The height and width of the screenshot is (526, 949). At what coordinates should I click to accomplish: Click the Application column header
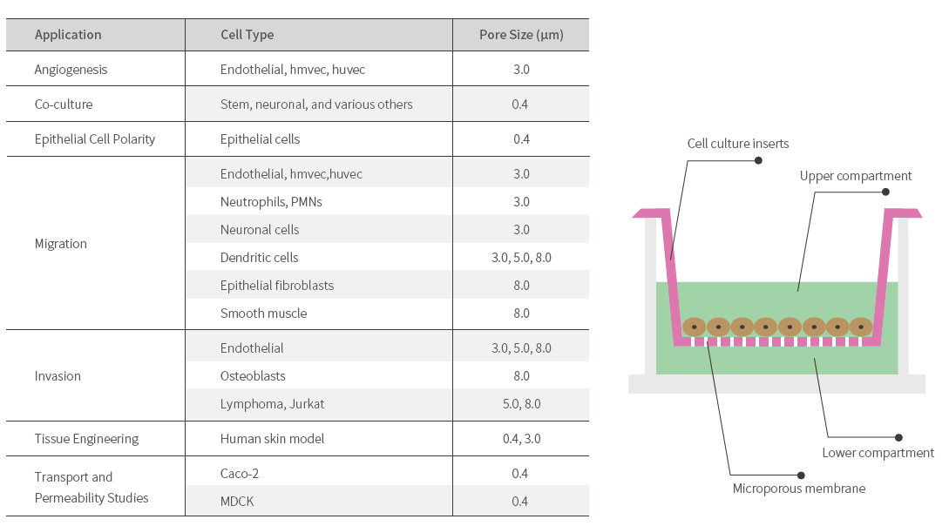[x=68, y=35]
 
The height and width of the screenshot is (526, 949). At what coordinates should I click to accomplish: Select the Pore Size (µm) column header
[x=521, y=35]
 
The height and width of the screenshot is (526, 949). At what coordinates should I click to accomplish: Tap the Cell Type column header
[x=247, y=35]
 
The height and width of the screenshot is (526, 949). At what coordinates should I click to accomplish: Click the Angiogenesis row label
[x=71, y=70]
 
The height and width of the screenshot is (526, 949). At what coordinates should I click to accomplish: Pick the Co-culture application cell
[x=64, y=105]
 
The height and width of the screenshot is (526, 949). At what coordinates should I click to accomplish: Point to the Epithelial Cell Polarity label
[x=95, y=139]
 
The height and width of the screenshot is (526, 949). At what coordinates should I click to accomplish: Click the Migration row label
[x=61, y=244]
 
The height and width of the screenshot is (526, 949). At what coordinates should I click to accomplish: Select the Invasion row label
[x=58, y=376]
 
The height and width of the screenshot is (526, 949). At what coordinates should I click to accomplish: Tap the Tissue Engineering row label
[x=86, y=439]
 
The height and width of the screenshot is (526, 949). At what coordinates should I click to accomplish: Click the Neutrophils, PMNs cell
[x=271, y=202]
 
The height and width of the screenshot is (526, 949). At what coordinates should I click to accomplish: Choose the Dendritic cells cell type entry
[x=259, y=258]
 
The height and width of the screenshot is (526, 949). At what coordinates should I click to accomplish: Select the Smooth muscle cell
[x=263, y=314]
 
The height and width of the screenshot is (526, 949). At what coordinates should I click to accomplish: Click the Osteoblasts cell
[x=253, y=376]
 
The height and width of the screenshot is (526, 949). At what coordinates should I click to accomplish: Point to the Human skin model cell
[x=272, y=439]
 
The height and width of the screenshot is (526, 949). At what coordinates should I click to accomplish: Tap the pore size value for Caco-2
[x=521, y=474]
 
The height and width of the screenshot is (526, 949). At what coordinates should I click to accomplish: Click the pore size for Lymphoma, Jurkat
[x=521, y=404]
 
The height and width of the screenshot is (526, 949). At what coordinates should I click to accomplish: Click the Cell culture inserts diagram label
[x=737, y=144]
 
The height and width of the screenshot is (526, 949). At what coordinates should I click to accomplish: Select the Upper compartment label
[x=856, y=176]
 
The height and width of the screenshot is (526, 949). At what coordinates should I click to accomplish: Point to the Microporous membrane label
[x=799, y=489]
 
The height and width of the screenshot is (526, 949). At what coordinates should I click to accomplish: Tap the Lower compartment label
[x=878, y=453]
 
